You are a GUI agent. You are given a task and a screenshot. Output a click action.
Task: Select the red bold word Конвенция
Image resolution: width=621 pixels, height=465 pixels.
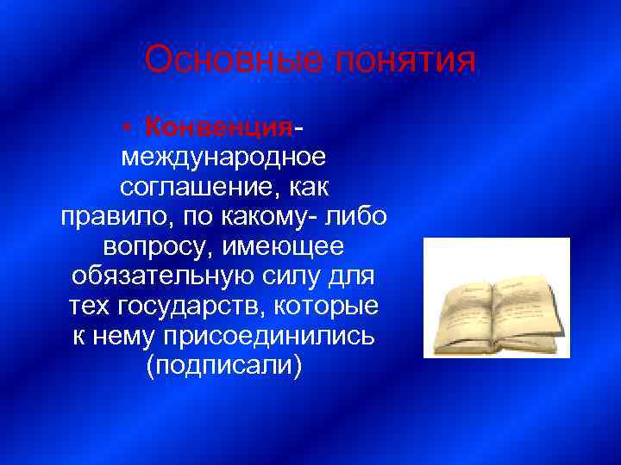(220, 127)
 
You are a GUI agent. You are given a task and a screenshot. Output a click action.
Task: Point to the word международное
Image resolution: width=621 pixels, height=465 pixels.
(223, 158)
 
